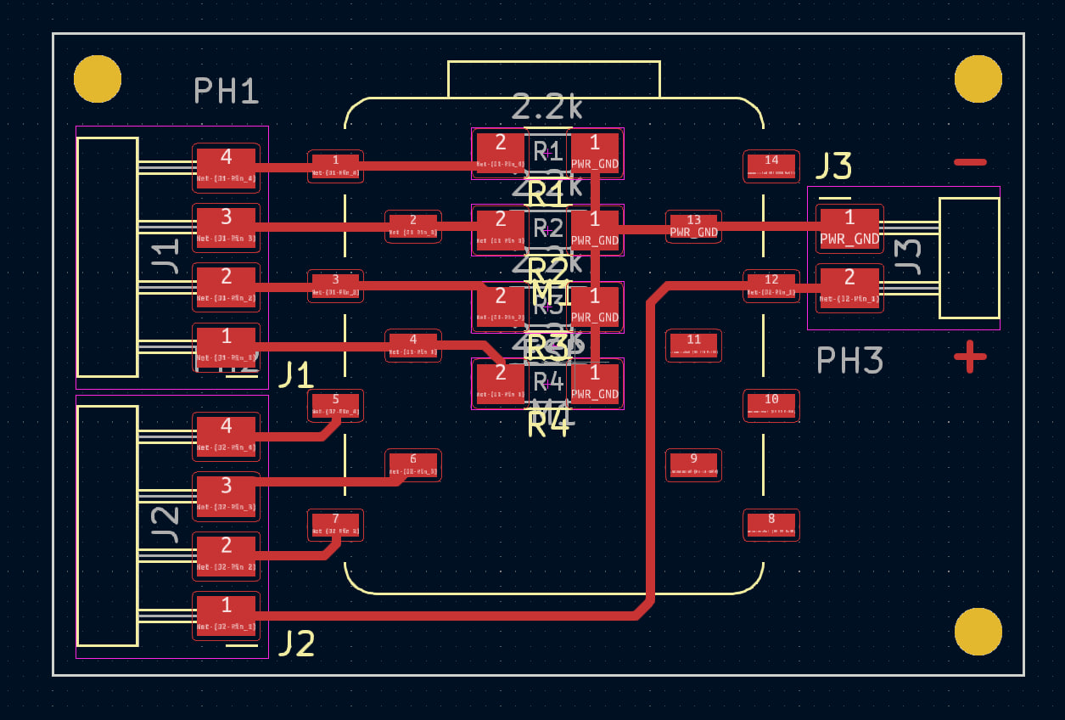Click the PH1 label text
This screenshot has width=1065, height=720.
tap(226, 91)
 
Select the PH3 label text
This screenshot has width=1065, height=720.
tap(849, 361)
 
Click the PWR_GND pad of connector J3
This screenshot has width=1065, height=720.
tap(849, 228)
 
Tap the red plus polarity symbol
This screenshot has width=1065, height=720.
tap(970, 357)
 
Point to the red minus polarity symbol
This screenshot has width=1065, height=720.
tap(970, 161)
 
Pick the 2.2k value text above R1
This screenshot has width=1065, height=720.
tap(547, 108)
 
